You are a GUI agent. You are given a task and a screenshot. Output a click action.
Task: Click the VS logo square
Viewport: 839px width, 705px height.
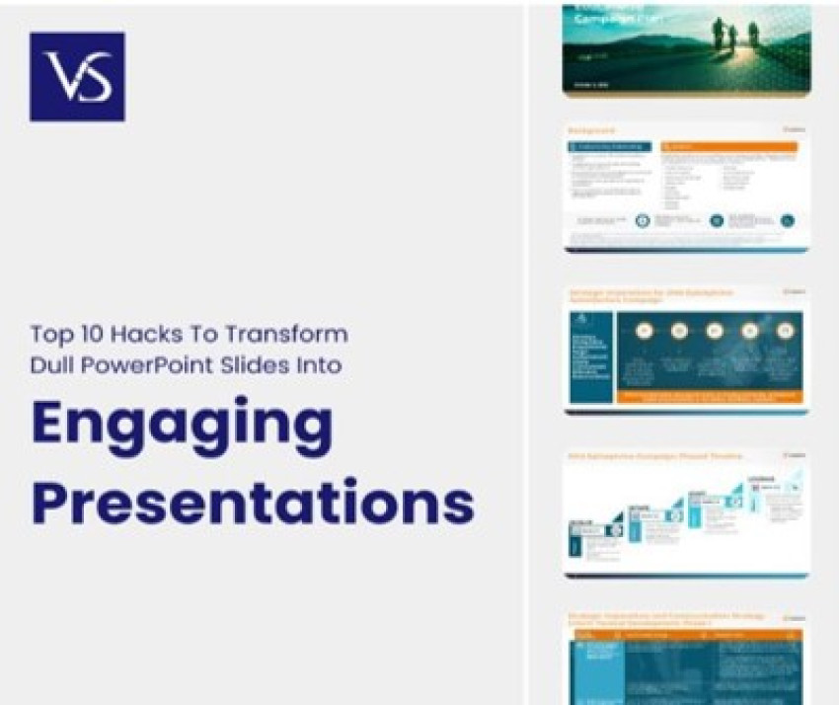click(x=77, y=77)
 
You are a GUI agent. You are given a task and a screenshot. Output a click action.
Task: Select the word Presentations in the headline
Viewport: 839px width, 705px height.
click(x=253, y=502)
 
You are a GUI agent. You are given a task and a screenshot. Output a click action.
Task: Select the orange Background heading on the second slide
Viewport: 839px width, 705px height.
click(x=592, y=130)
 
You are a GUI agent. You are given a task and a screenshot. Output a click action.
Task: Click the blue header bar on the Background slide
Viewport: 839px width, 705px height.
click(x=609, y=147)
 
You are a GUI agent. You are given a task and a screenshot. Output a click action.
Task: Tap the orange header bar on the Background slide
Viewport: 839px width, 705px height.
click(x=728, y=147)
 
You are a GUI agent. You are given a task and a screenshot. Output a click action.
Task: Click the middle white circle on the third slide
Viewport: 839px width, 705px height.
click(x=714, y=331)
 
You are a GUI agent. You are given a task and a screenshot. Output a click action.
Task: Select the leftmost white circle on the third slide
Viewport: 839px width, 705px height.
click(x=643, y=331)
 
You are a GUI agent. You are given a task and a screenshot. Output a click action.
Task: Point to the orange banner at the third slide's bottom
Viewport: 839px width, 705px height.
click(x=709, y=397)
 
